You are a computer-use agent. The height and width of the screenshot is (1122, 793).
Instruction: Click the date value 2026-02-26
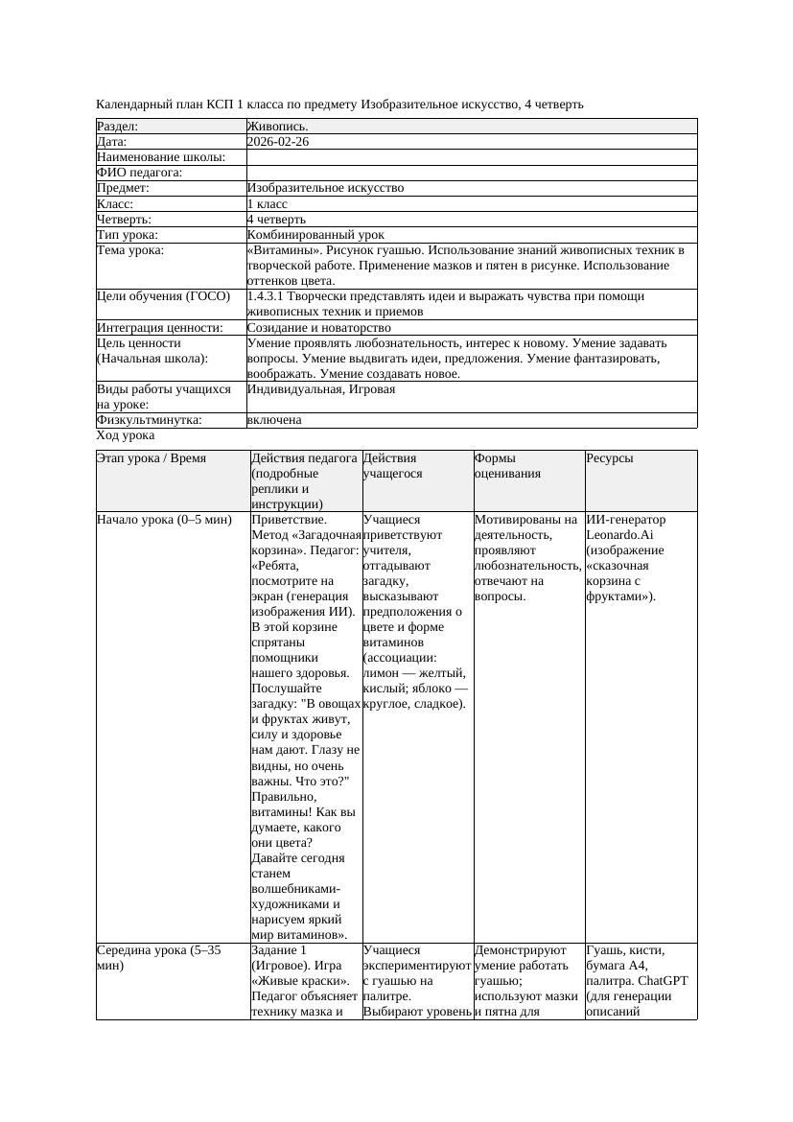click(278, 142)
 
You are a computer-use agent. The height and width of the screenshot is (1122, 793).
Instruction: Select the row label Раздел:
click(118, 127)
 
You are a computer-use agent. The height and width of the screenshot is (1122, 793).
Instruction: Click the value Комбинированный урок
click(315, 235)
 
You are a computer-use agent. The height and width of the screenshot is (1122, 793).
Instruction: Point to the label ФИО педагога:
click(140, 173)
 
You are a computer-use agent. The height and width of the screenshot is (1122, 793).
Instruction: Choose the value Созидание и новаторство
click(318, 328)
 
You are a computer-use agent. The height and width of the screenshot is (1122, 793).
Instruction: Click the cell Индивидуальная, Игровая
click(320, 389)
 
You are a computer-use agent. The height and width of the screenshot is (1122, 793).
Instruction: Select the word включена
click(274, 420)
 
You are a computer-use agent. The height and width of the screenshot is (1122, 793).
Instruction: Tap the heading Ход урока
click(126, 435)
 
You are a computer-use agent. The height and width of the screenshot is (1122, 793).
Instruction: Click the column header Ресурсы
click(610, 458)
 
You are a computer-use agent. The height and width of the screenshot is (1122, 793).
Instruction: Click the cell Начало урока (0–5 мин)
click(164, 520)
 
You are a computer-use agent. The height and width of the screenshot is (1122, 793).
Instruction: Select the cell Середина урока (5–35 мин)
click(159, 958)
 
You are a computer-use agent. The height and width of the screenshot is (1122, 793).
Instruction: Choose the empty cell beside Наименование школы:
click(471, 157)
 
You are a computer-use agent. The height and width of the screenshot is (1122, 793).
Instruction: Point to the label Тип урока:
click(128, 235)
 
